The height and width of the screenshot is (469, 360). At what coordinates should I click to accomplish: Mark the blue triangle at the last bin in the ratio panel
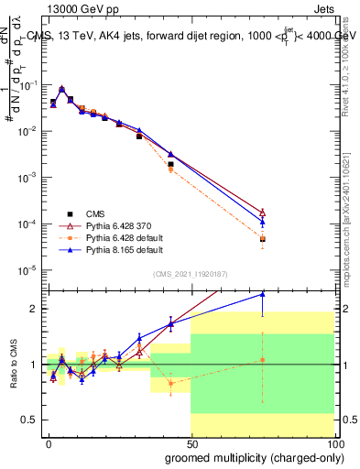coord(262,294)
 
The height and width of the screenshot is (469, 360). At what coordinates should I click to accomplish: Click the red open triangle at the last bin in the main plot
coord(262,212)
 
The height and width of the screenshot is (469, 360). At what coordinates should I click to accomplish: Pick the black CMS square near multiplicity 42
coord(170,164)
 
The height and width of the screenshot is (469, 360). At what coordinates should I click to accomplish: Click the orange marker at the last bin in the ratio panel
coord(262,360)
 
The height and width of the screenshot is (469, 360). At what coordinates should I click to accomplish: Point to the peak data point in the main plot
coord(61,90)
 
